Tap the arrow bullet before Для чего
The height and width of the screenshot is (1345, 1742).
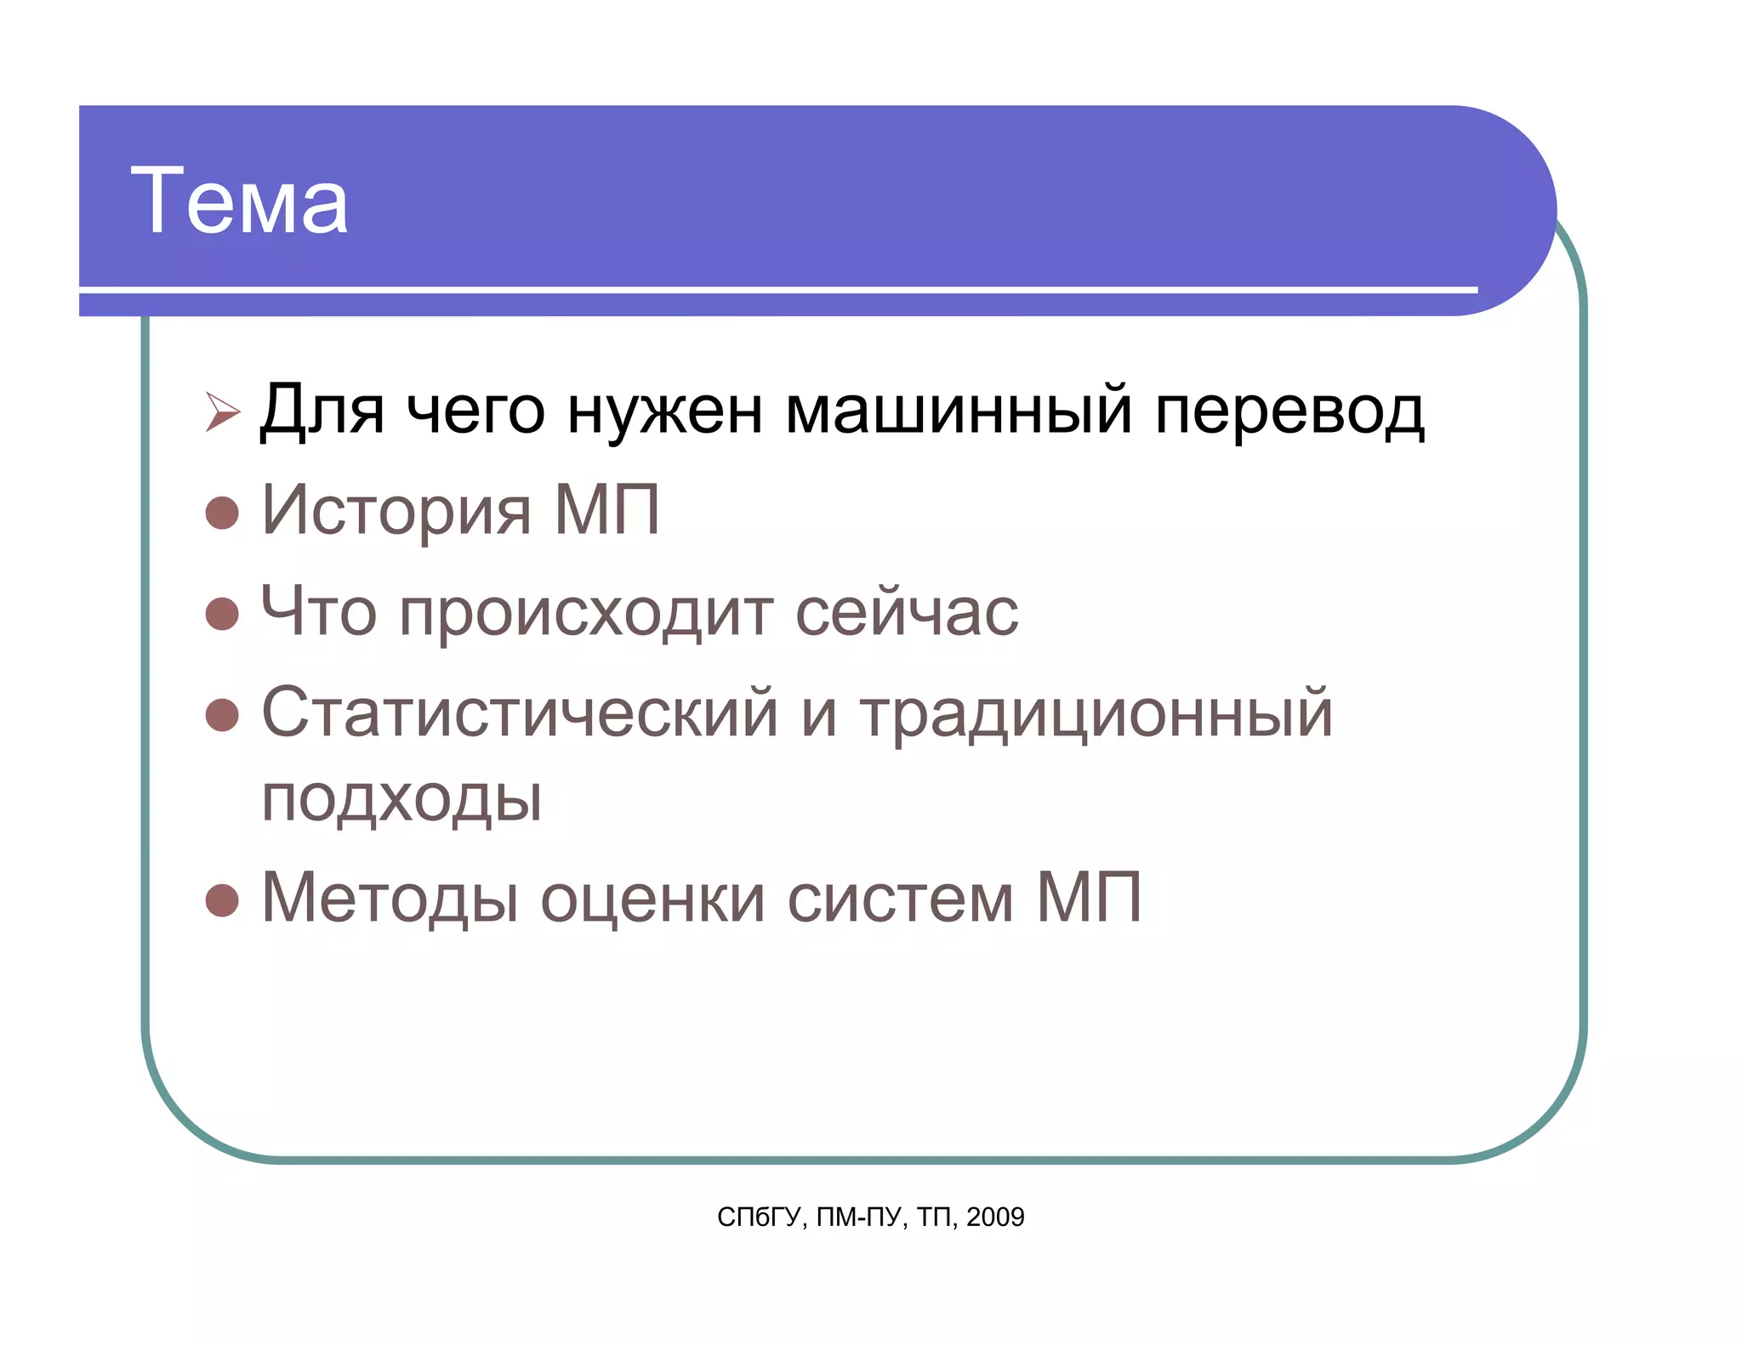223,412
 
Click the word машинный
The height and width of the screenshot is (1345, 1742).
958,411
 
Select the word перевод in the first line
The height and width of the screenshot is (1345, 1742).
1289,412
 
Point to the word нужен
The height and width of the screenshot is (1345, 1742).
664,412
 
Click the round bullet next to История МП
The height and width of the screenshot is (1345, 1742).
222,513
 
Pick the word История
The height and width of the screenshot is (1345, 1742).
396,511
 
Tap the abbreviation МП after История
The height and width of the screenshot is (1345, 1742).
606,510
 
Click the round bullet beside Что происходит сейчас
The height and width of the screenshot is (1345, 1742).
222,613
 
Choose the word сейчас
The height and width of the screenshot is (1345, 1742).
906,611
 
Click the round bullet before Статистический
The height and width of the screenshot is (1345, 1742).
222,715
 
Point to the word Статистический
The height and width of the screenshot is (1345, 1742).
519,712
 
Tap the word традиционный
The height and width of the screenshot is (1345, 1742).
1096,714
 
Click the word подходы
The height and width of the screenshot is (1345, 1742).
401,799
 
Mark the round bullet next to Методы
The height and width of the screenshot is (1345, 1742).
222,900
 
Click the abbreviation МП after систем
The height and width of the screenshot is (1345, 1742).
1089,897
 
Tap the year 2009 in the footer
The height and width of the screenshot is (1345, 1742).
995,1217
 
